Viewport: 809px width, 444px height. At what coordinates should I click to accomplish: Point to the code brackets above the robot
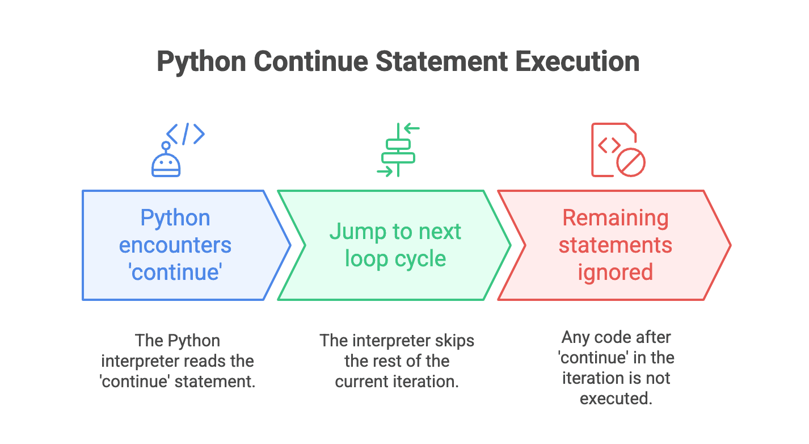(185, 134)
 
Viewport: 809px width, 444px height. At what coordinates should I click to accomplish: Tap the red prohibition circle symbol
(631, 162)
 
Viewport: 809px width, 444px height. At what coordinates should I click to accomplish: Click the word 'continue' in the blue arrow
(175, 272)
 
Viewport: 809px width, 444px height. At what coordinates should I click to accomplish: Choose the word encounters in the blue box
(175, 245)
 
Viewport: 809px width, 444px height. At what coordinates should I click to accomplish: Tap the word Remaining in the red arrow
(615, 218)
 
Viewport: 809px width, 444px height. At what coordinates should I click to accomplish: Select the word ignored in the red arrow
(615, 272)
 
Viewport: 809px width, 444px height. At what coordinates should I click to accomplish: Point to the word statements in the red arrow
(615, 245)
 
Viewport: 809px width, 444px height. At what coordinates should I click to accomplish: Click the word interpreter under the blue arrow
(137, 361)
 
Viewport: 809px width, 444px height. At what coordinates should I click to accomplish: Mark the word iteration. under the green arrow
(425, 382)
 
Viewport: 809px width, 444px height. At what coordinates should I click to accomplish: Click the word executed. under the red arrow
(616, 398)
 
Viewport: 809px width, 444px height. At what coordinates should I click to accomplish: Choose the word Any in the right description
(575, 337)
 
